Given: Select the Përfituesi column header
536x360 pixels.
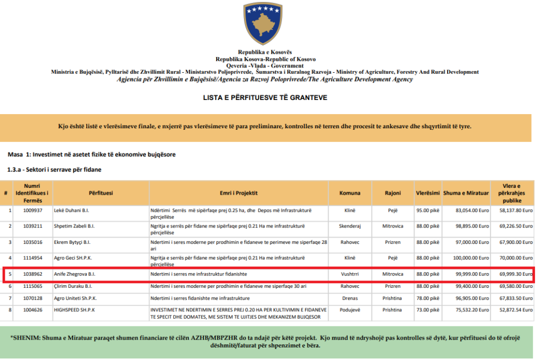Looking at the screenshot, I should pyautogui.click(x=100, y=193).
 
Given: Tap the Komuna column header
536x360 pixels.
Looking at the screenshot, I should pyautogui.click(x=350, y=193).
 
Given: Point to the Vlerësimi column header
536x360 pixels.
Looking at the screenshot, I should pyautogui.click(x=428, y=193).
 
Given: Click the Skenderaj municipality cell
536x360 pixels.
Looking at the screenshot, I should pyautogui.click(x=350, y=226).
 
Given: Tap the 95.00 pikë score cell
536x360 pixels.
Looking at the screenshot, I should pyautogui.click(x=428, y=210).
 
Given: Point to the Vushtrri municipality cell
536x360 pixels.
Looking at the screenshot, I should pyautogui.click(x=350, y=274).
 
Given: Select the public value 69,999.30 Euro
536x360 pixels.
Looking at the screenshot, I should pyautogui.click(x=512, y=274).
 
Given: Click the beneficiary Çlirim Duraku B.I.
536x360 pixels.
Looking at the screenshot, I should pyautogui.click(x=73, y=286).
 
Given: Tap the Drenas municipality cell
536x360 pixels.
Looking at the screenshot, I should pyautogui.click(x=350, y=298).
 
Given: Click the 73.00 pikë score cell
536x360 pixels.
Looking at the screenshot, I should pyautogui.click(x=428, y=310).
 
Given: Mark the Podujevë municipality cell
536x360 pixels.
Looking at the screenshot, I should pyautogui.click(x=350, y=310).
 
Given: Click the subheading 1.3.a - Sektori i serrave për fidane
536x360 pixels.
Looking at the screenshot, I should pyautogui.click(x=54, y=170).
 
